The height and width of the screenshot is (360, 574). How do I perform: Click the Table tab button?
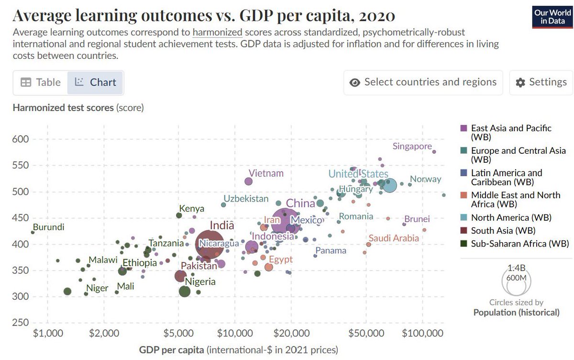point(41,82)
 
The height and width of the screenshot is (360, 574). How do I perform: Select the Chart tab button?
point(96,82)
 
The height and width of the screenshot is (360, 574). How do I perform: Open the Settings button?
point(541,82)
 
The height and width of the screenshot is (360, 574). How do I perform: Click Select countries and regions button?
point(423,82)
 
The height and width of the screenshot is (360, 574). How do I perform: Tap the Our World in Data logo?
point(552,17)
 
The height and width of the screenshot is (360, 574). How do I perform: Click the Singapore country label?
point(412,146)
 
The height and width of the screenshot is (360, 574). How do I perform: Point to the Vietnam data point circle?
point(248,181)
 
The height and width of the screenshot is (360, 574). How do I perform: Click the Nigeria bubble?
point(184,291)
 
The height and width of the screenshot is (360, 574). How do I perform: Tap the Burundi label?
point(48,227)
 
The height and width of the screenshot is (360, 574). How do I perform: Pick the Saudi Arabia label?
point(394,238)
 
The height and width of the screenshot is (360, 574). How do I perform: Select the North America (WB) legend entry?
point(511,217)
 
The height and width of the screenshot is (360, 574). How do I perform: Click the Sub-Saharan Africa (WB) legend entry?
point(519,244)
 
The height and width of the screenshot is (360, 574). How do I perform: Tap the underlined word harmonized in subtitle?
point(218,33)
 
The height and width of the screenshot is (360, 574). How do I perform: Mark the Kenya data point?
point(179,215)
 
